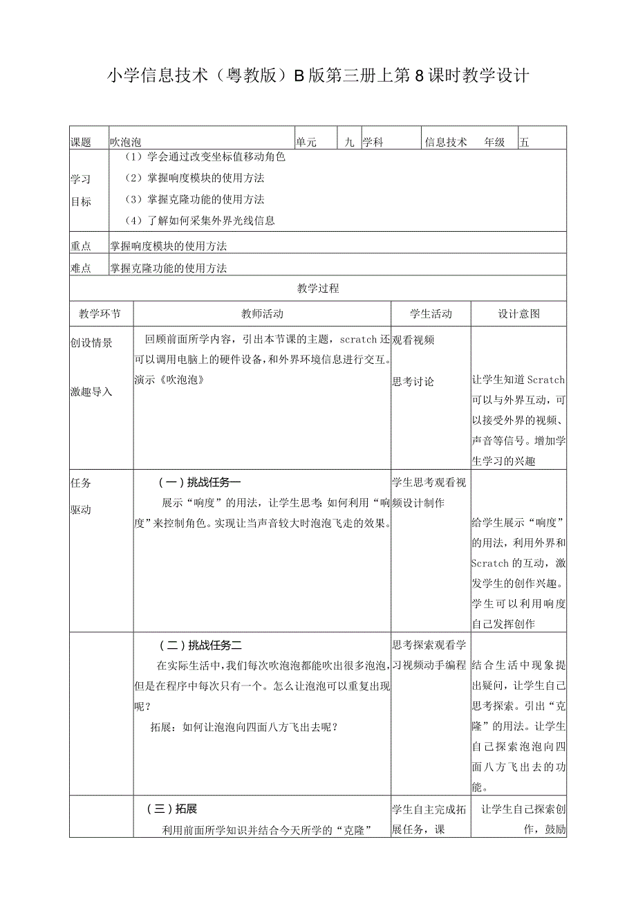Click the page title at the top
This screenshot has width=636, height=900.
[x=318, y=76]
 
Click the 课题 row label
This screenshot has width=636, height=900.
[x=82, y=143]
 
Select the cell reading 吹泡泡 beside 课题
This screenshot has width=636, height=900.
[x=125, y=143]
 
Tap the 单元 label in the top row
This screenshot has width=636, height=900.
[x=306, y=143]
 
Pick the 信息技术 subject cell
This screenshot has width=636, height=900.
[x=446, y=143]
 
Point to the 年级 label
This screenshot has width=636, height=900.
[x=494, y=143]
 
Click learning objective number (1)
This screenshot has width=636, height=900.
[x=205, y=157]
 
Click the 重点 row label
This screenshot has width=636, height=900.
[x=82, y=246]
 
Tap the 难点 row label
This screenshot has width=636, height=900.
[x=82, y=268]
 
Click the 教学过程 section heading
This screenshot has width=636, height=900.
[x=318, y=288]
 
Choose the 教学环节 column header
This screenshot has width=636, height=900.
[x=101, y=314]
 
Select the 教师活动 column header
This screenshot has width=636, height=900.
[x=262, y=314]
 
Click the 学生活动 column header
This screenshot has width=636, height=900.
[x=431, y=314]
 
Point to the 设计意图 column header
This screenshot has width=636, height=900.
[x=518, y=314]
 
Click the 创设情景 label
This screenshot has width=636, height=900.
[x=91, y=342]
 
